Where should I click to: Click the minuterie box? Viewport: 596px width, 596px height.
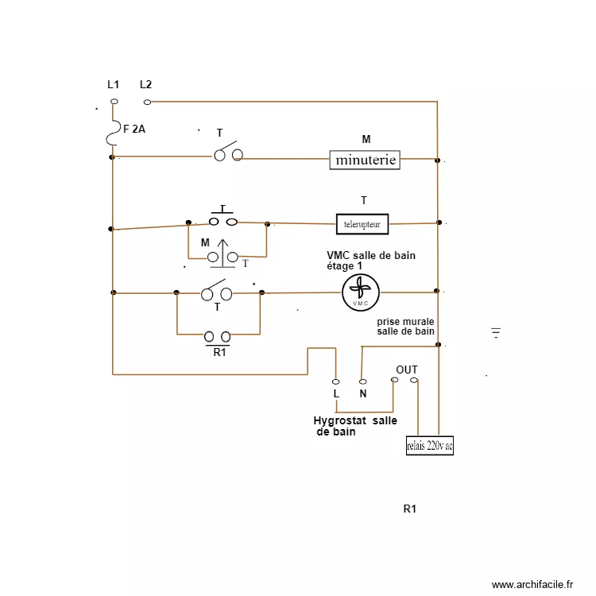coord(366,160)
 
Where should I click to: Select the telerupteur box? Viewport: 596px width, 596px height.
coord(362,225)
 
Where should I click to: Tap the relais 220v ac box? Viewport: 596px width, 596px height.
coord(429,446)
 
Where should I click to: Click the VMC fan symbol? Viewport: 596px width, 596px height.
coord(361,293)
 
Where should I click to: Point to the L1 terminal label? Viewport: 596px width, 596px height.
coord(114,84)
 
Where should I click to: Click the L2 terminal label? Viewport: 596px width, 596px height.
coord(145,84)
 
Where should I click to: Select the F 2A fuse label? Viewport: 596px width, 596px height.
coord(134,128)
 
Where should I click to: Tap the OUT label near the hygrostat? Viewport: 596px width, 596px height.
coord(407,370)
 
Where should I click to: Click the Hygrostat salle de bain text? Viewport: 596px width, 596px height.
coord(354,427)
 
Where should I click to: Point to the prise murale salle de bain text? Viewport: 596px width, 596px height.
coord(406,326)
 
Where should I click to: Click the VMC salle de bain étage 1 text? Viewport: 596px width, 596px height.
coord(370,261)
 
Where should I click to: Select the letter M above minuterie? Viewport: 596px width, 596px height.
coord(366,139)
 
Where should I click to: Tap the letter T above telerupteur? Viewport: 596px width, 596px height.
coord(363,200)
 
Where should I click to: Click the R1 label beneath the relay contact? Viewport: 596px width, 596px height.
coord(220,352)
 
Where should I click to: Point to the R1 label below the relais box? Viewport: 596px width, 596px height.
coord(410,509)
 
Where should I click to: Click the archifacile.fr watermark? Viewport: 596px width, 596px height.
coord(532,584)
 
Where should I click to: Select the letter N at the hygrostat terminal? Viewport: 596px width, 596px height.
coord(362,393)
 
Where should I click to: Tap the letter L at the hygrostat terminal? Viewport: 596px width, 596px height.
coord(336,393)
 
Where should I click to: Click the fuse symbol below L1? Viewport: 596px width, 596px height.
coord(113,133)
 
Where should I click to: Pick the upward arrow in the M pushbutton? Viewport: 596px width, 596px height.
coord(223,248)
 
